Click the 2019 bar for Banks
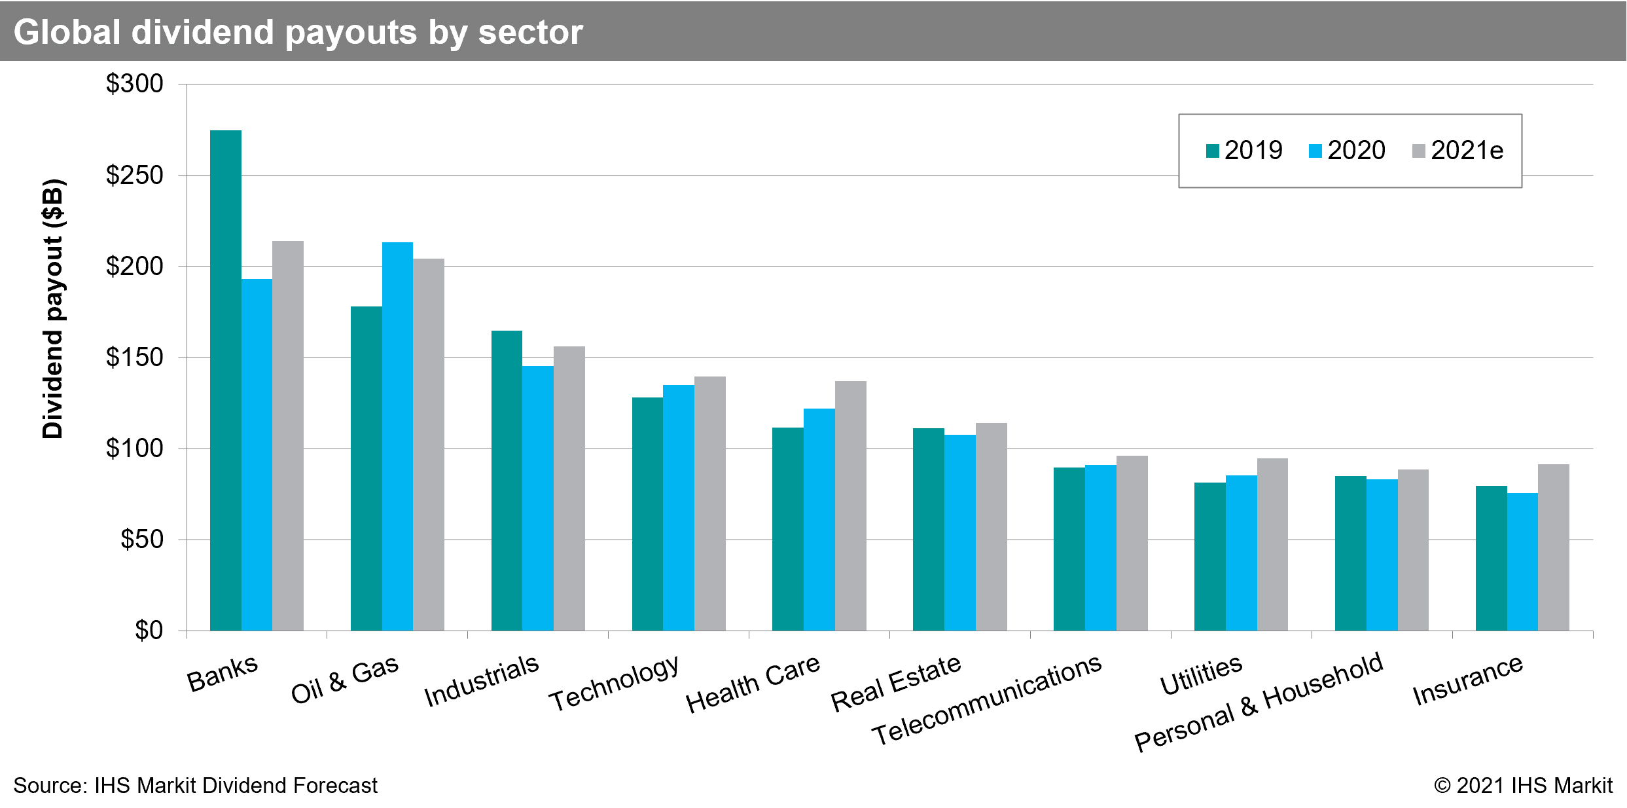[x=225, y=380]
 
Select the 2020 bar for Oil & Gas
[x=397, y=436]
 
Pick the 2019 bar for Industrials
[x=507, y=481]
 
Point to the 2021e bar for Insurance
[x=1553, y=547]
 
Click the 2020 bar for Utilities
[x=1241, y=553]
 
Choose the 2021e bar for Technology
[x=709, y=504]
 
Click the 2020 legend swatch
[x=1315, y=151]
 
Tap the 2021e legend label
[x=1467, y=151]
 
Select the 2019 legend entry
[x=1243, y=151]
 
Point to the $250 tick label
[x=134, y=175]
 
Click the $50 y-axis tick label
[x=141, y=540]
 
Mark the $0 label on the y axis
[x=149, y=630]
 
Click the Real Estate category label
[x=895, y=684]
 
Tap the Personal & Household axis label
[x=1258, y=703]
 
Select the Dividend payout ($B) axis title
[x=52, y=308]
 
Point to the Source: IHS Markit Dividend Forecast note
[x=195, y=785]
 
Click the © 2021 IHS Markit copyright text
[x=1523, y=785]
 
